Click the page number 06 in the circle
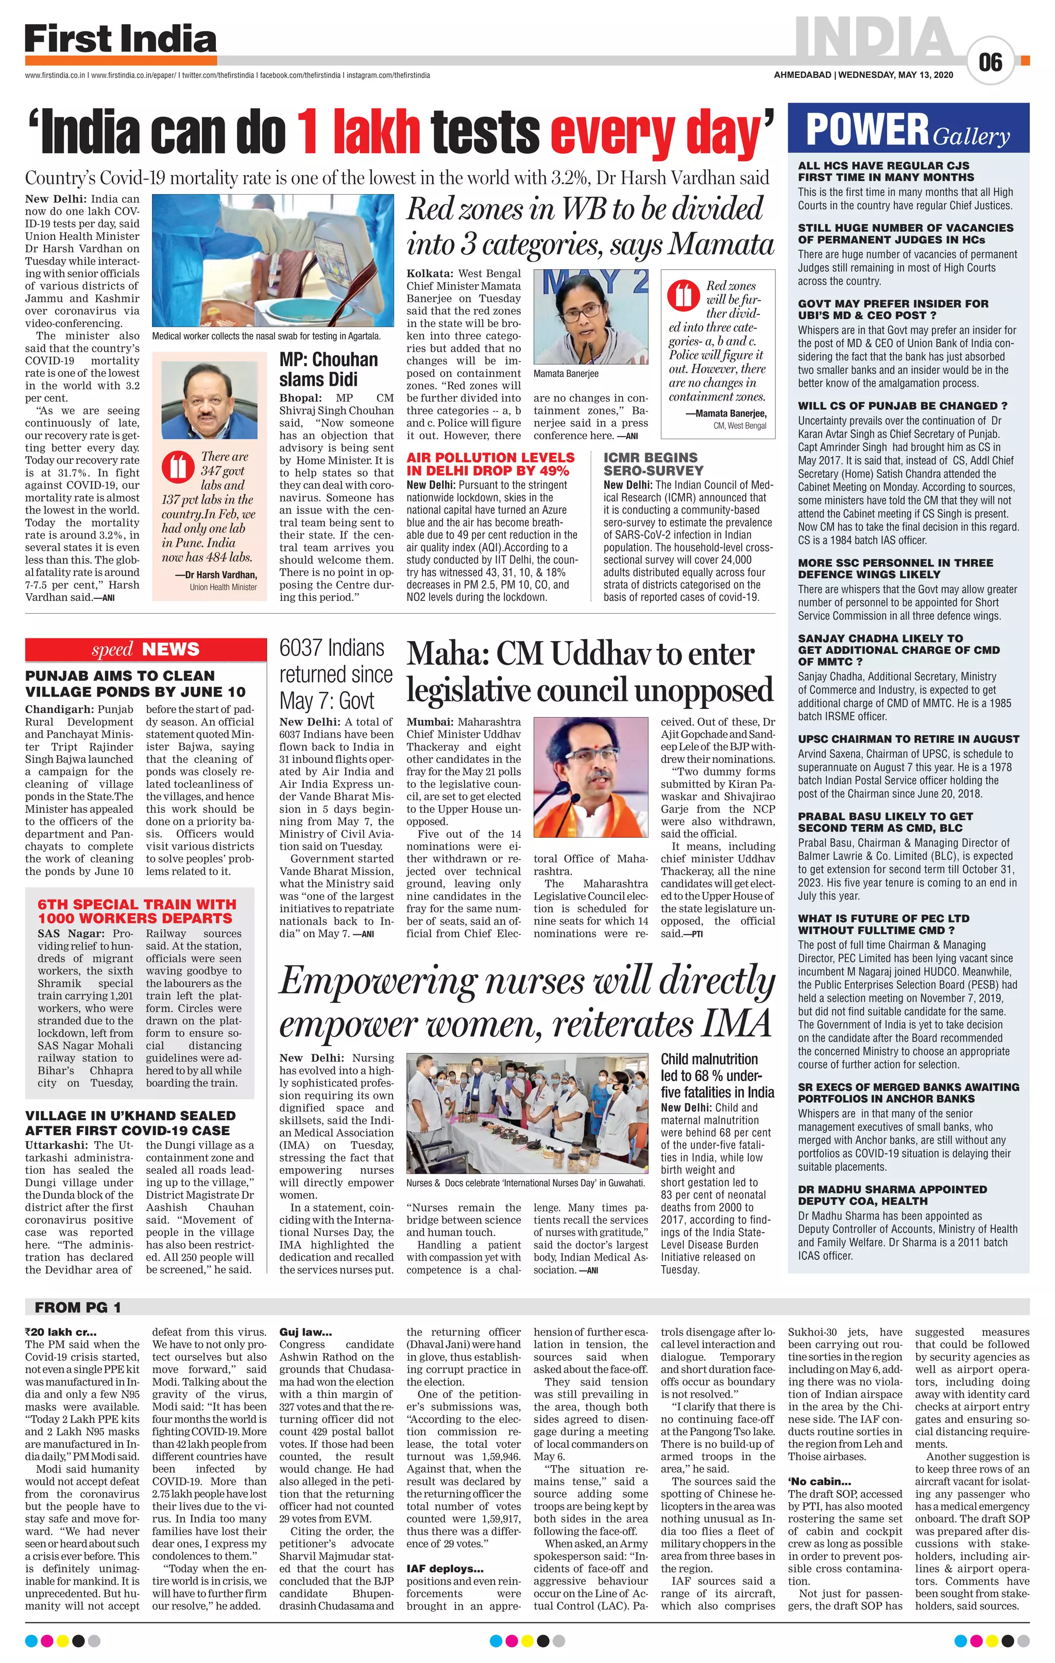click(x=990, y=63)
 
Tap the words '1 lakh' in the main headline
click(x=358, y=131)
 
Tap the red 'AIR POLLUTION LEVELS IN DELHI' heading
click(x=490, y=463)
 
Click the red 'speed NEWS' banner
click(x=145, y=649)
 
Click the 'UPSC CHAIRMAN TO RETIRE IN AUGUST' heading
click(x=908, y=739)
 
